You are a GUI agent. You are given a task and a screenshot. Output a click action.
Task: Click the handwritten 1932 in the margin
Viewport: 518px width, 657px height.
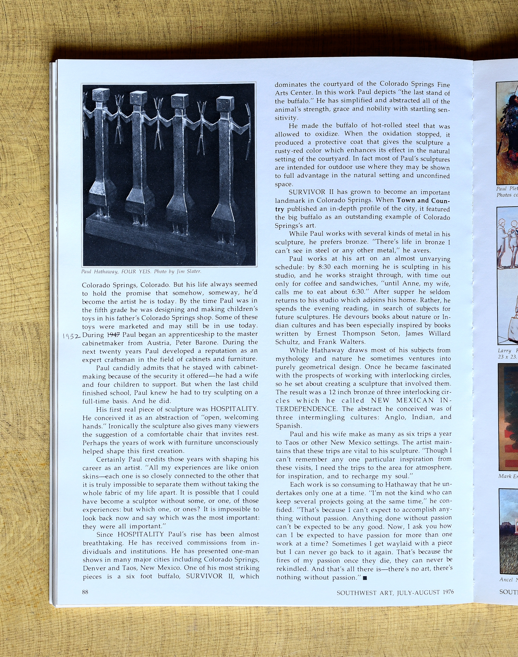point(71,336)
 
